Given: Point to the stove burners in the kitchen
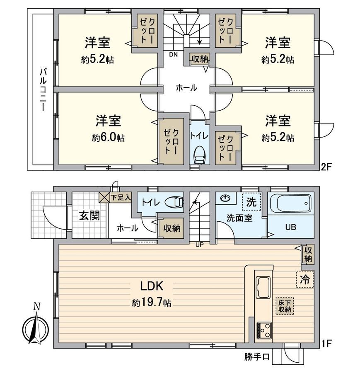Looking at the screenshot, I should (x=263, y=330).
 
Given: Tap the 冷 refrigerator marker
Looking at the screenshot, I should (x=304, y=279).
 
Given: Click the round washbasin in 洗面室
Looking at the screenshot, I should (x=226, y=198).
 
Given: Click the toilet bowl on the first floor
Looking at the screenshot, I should (x=174, y=203).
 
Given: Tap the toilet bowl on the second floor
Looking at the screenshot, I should (x=200, y=157).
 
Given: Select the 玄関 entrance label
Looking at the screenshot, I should (x=90, y=216).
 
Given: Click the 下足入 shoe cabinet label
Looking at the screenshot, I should (x=121, y=198).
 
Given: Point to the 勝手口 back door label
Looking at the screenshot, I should (x=257, y=356).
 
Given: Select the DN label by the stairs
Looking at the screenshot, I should (x=173, y=54).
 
